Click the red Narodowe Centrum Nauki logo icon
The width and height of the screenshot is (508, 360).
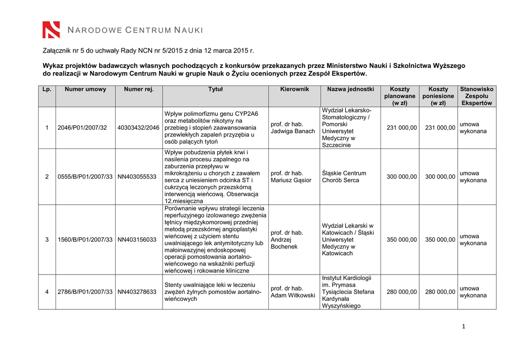51,30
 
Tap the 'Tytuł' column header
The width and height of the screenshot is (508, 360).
215,89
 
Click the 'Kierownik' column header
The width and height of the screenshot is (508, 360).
294,89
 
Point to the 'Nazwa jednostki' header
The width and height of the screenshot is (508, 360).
350,89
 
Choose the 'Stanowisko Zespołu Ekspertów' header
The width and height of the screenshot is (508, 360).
477,96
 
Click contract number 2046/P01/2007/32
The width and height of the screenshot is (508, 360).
82,128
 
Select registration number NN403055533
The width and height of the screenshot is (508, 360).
137,177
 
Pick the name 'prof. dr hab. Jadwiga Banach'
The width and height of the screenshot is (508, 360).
293,128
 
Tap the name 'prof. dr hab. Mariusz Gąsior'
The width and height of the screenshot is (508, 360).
291,177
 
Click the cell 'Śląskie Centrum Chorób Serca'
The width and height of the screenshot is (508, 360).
344,177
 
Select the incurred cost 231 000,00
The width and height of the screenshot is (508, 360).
440,128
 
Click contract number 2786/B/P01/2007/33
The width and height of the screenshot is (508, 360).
85,292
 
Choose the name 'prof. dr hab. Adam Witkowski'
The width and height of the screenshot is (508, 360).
293,292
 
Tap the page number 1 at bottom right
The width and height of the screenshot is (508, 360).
463,326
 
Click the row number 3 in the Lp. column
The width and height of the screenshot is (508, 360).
47,240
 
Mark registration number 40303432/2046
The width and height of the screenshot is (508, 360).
138,128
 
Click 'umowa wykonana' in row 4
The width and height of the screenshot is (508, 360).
473,292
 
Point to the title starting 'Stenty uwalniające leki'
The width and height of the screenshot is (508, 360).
213,292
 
